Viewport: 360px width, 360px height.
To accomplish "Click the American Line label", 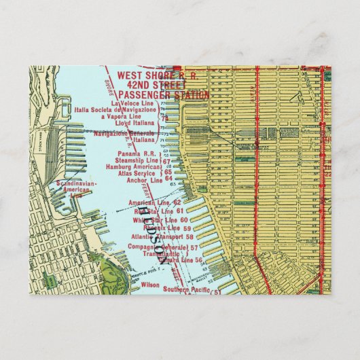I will (149, 202).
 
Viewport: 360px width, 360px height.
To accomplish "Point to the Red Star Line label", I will (150, 211).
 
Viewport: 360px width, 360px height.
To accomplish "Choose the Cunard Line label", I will (176, 260).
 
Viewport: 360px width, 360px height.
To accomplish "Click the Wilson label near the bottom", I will (149, 285).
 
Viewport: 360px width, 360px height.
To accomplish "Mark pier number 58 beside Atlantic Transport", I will (190, 237).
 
